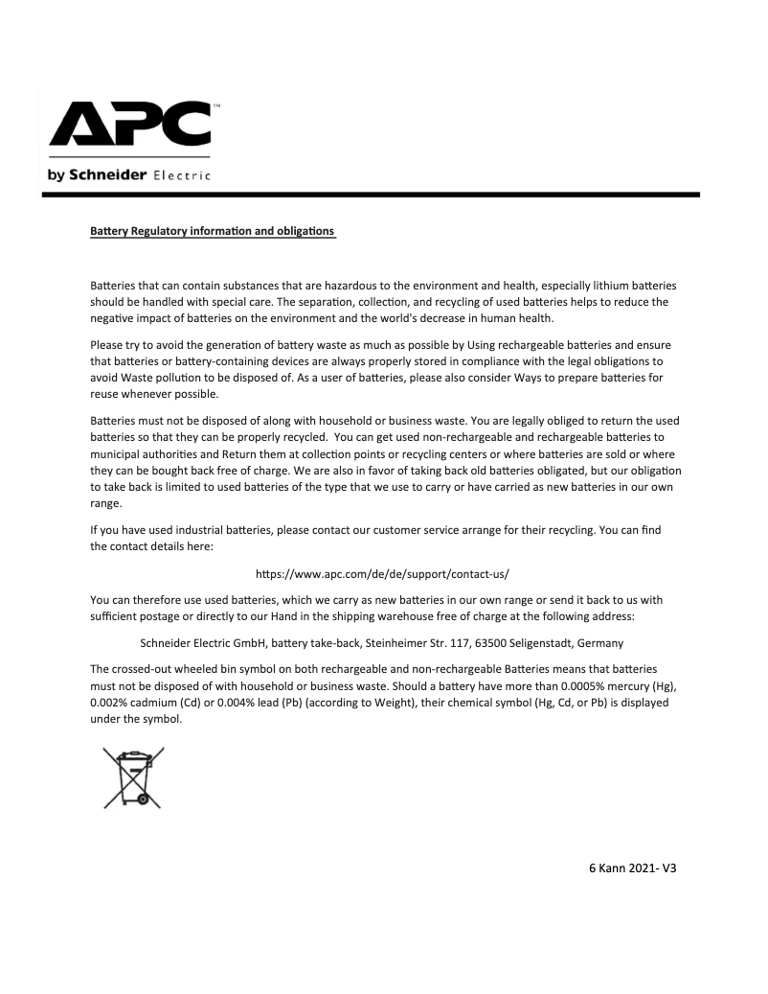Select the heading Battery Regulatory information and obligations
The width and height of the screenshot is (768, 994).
(x=212, y=231)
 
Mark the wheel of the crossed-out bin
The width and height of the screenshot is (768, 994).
(x=142, y=796)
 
